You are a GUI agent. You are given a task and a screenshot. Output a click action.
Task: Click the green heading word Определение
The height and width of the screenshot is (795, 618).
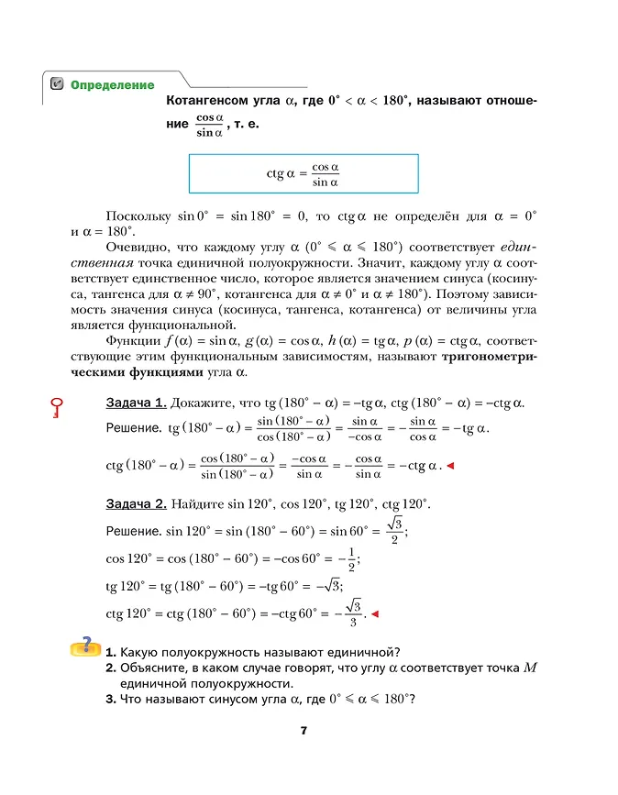coord(112,84)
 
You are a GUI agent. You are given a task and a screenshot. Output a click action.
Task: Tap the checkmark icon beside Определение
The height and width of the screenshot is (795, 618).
coord(57,84)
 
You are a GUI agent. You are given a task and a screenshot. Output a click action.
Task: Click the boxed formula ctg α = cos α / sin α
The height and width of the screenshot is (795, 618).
coord(303,174)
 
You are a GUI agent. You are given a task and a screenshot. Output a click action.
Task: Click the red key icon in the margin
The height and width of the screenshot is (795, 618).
coord(57,407)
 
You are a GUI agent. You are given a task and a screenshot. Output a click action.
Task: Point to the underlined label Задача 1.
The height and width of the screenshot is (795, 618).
coord(136,403)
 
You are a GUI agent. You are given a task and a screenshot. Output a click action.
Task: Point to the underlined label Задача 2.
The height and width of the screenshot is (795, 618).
coord(136,504)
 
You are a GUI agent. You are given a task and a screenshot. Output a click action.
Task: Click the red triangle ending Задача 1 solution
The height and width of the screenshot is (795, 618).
coord(450,467)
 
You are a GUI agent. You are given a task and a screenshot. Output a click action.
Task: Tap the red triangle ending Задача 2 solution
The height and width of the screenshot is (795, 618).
coord(374,614)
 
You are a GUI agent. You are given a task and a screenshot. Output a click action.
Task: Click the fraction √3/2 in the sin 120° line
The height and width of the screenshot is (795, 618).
coord(394,530)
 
